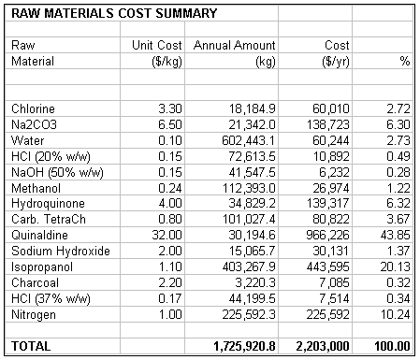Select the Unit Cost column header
[x=156, y=45]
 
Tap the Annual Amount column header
[x=234, y=45]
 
